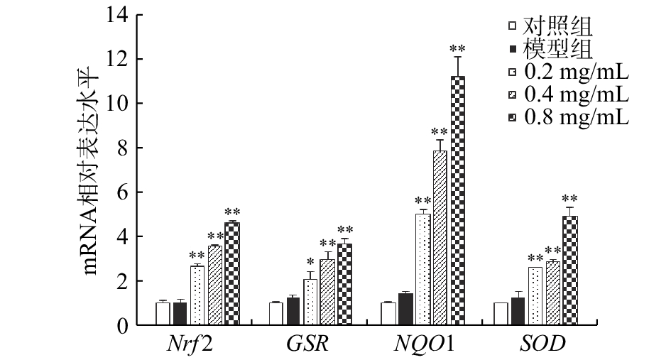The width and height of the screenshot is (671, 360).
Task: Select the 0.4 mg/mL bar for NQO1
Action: (440, 238)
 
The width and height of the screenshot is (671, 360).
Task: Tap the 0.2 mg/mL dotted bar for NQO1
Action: (423, 269)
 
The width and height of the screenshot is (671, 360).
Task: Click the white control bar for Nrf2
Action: (163, 313)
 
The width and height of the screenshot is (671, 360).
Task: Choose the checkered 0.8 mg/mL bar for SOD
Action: (569, 271)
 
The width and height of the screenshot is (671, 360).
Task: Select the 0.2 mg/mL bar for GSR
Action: (310, 302)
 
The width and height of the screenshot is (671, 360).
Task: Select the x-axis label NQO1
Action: (424, 344)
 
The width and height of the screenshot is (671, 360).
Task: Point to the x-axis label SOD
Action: (542, 344)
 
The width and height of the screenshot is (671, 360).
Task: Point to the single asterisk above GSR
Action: (310, 262)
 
